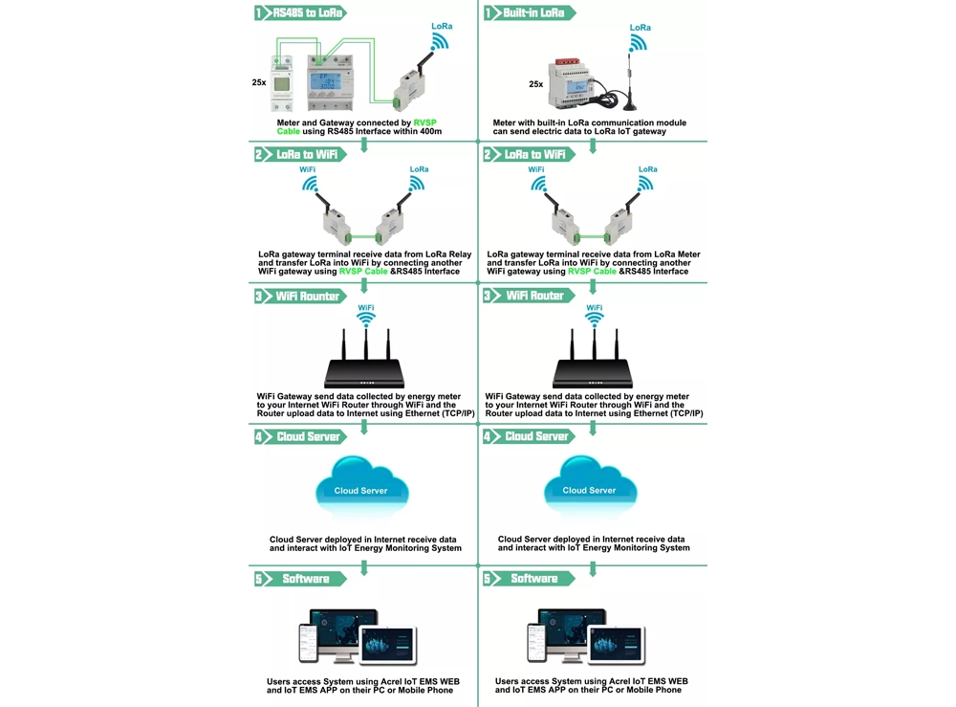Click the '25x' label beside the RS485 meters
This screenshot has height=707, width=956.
coord(259,82)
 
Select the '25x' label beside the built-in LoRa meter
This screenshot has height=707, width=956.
coord(535,84)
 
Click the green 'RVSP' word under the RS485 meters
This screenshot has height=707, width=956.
coord(424,122)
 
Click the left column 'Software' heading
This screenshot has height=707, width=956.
coord(306,579)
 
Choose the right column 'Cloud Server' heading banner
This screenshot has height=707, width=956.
coord(536,436)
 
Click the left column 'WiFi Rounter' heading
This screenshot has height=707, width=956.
coord(307,297)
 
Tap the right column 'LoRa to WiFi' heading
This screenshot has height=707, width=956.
coord(534,154)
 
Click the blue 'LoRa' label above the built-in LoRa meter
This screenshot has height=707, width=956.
coord(640,28)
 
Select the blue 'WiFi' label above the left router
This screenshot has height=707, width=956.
coord(365,308)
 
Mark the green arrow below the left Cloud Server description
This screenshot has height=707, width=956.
coord(364,567)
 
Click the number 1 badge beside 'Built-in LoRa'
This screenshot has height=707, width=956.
coord(488,13)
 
